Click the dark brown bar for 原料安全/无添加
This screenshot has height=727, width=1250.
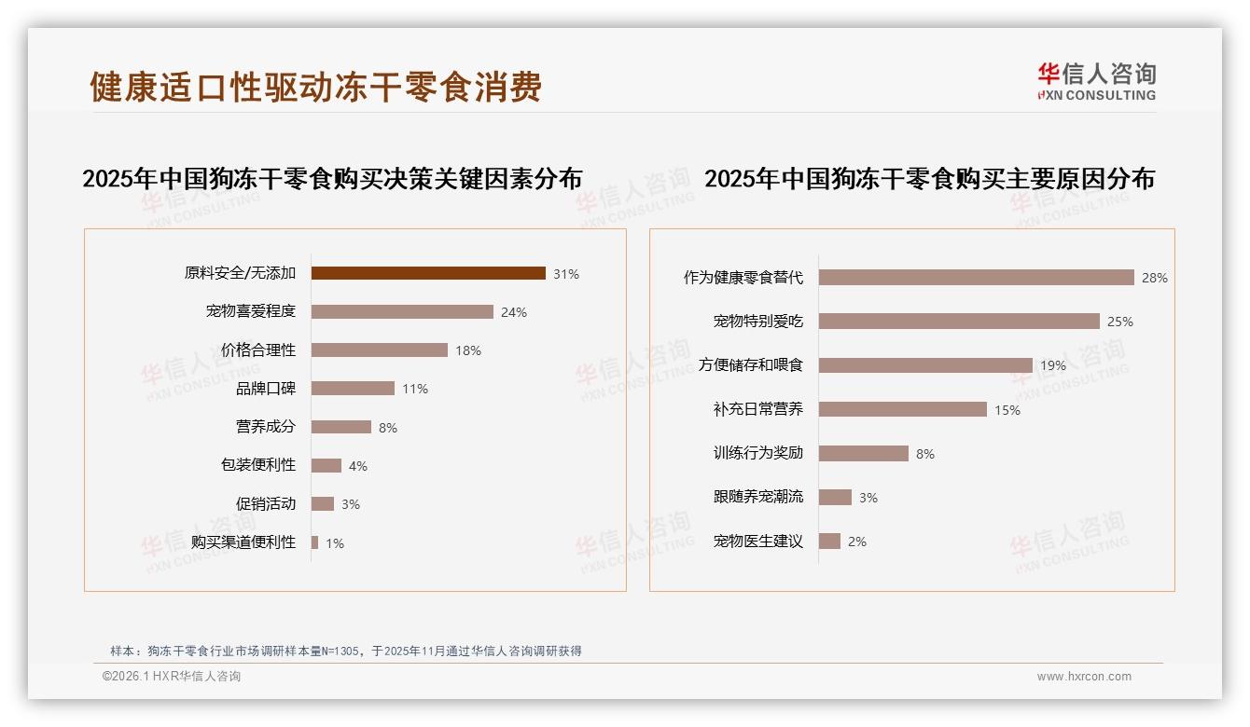tap(428, 273)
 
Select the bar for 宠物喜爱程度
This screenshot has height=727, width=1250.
tap(402, 312)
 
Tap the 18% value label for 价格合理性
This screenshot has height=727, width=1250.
tap(468, 350)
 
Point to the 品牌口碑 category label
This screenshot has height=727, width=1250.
tap(266, 389)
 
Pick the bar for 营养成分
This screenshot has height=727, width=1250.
tap(341, 427)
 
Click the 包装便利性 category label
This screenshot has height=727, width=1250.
tap(258, 465)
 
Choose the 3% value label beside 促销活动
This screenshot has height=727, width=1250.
tap(351, 504)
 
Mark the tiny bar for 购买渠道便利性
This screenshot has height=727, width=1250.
tap(315, 542)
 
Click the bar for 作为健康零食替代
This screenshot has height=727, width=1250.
tap(976, 278)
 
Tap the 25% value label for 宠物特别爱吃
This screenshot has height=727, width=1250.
tap(1119, 322)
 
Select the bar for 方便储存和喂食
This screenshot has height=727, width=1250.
tap(925, 365)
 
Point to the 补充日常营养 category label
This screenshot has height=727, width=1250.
tap(758, 409)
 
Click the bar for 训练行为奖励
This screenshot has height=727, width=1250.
tap(864, 453)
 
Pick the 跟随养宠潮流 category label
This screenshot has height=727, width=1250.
tap(758, 497)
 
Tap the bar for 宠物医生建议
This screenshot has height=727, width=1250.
tap(829, 541)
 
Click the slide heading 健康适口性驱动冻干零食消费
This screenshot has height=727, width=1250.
tap(315, 87)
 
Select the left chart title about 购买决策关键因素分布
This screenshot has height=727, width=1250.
tap(333, 178)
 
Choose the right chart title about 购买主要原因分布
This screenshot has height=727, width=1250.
tap(929, 178)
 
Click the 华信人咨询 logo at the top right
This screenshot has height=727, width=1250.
tap(1096, 81)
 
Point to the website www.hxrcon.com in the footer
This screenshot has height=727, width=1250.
tap(1084, 677)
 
